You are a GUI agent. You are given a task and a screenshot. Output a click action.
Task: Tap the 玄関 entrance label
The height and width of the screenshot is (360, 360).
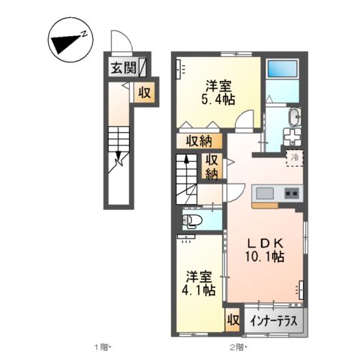124,68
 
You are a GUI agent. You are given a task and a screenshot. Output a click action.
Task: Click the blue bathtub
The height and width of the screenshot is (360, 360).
283,70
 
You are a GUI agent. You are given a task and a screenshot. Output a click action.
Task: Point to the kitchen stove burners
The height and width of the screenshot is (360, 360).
291,193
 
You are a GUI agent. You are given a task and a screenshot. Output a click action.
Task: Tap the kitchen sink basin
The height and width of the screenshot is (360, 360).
265,194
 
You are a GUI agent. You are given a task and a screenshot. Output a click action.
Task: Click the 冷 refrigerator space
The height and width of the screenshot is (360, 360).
295,157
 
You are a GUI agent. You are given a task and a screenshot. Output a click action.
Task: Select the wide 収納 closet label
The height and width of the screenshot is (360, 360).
199,141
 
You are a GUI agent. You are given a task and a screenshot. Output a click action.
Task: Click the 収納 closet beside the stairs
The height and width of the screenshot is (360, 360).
212,166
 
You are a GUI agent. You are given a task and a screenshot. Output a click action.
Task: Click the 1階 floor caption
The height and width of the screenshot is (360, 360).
103,346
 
